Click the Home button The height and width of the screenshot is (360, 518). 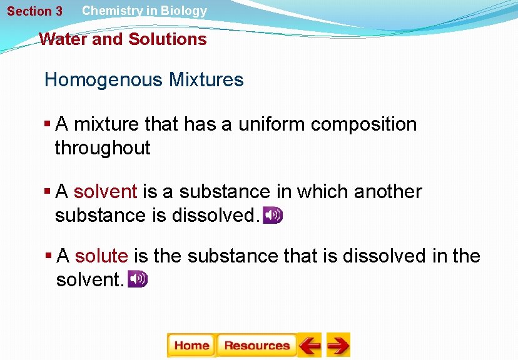pos(191,345)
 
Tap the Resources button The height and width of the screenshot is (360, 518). pos(256,345)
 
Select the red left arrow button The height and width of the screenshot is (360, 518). pos(310,345)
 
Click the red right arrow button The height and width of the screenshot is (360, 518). pos(338,345)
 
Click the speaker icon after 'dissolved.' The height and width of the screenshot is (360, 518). pos(273,216)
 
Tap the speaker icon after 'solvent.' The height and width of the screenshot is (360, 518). pos(138,279)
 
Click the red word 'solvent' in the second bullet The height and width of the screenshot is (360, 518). pos(105,192)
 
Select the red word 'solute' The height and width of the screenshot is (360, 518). pos(101,256)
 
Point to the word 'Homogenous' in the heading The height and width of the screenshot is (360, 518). pos(100,80)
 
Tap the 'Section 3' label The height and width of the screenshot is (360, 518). pos(35,11)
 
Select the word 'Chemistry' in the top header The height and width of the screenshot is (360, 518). pos(110,11)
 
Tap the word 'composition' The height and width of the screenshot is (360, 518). pos(363,124)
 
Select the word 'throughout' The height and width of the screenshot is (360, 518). pos(103,148)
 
